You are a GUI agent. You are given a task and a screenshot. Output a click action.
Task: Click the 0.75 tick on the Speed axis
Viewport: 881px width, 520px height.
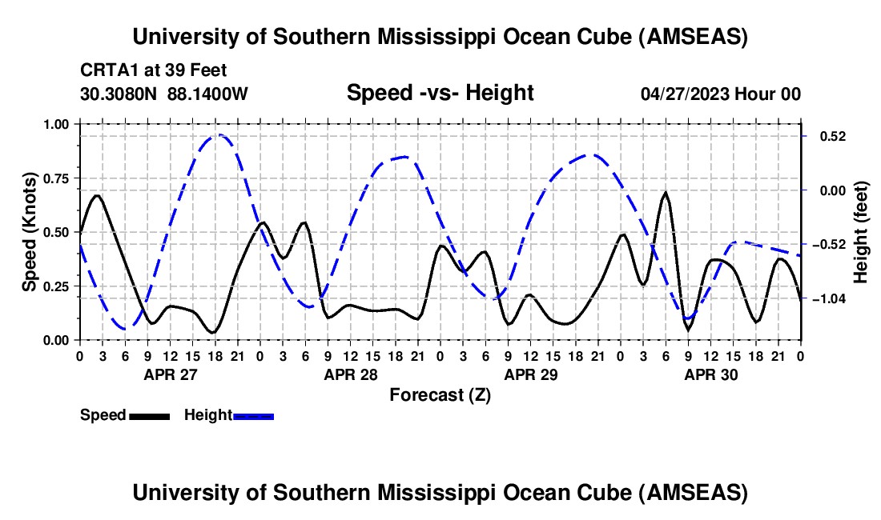click(57, 178)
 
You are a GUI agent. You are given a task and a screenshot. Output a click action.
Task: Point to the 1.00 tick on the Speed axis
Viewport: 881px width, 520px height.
click(57, 124)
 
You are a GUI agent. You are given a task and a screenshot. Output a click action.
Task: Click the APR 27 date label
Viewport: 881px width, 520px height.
click(170, 374)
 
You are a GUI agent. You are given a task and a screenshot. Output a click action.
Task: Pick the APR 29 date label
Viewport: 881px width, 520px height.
click(531, 374)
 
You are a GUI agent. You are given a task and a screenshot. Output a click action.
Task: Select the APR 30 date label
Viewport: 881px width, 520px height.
click(711, 374)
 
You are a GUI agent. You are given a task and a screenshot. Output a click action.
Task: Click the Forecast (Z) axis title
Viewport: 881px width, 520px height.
click(440, 394)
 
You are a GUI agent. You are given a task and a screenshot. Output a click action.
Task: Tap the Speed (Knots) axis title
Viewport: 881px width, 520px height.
click(30, 232)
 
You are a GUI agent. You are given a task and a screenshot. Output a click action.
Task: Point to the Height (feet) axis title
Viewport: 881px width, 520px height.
click(861, 232)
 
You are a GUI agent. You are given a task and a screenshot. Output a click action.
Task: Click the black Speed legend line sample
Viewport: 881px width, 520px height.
click(149, 416)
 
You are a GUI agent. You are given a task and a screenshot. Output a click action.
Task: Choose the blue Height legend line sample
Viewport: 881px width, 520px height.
click(254, 416)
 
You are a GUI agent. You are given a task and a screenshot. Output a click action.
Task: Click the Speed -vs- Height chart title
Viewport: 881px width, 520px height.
click(440, 93)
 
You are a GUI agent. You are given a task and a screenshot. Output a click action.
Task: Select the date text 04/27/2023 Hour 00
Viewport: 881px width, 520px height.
click(721, 94)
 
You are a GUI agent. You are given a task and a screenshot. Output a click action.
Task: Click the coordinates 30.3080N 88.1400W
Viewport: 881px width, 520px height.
click(164, 94)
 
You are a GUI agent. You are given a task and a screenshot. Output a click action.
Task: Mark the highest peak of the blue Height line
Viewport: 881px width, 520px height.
click(217, 135)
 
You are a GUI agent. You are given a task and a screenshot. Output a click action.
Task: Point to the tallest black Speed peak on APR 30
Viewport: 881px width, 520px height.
click(666, 193)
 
